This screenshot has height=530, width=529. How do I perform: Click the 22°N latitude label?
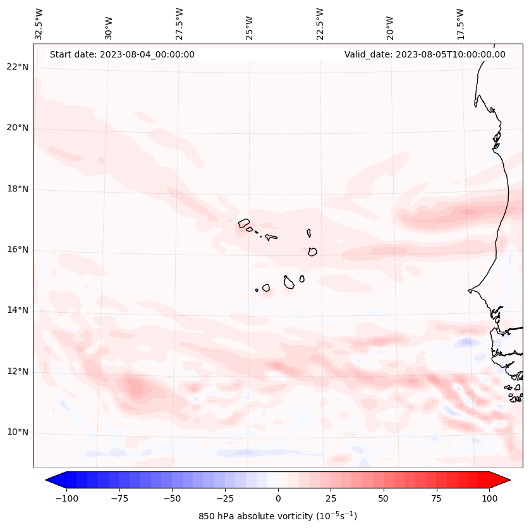(17, 67)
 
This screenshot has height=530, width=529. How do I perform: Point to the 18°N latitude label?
(17, 189)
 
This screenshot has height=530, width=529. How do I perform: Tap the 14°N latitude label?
(17, 310)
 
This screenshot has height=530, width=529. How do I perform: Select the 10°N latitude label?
(17, 432)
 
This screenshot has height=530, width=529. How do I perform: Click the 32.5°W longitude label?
(39, 23)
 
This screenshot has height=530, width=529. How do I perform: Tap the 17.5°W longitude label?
(460, 23)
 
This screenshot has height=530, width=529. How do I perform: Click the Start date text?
(122, 54)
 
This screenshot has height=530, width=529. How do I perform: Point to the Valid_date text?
(425, 54)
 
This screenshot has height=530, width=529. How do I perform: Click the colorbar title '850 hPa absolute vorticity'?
(277, 516)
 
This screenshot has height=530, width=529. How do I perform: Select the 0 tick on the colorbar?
(277, 498)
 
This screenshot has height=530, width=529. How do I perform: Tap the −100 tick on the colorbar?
(66, 498)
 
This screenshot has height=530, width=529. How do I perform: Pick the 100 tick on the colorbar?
(489, 498)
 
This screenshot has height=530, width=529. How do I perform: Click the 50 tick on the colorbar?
(384, 498)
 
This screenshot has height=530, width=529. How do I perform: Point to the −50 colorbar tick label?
(172, 498)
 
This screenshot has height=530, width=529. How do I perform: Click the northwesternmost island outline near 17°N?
(244, 223)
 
